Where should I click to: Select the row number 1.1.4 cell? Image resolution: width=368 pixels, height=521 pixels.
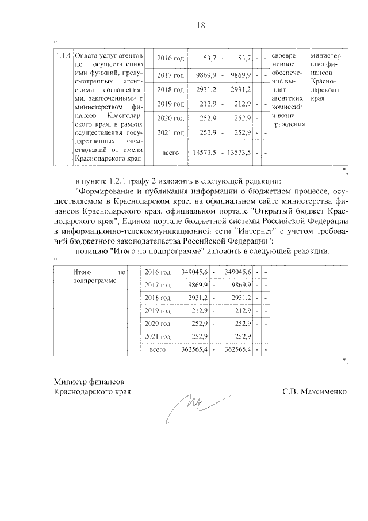63,56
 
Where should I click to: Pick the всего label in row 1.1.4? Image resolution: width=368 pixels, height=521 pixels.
171,153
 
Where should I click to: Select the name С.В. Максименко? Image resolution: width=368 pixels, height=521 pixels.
315,391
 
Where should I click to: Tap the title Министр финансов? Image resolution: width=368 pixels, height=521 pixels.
89,381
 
